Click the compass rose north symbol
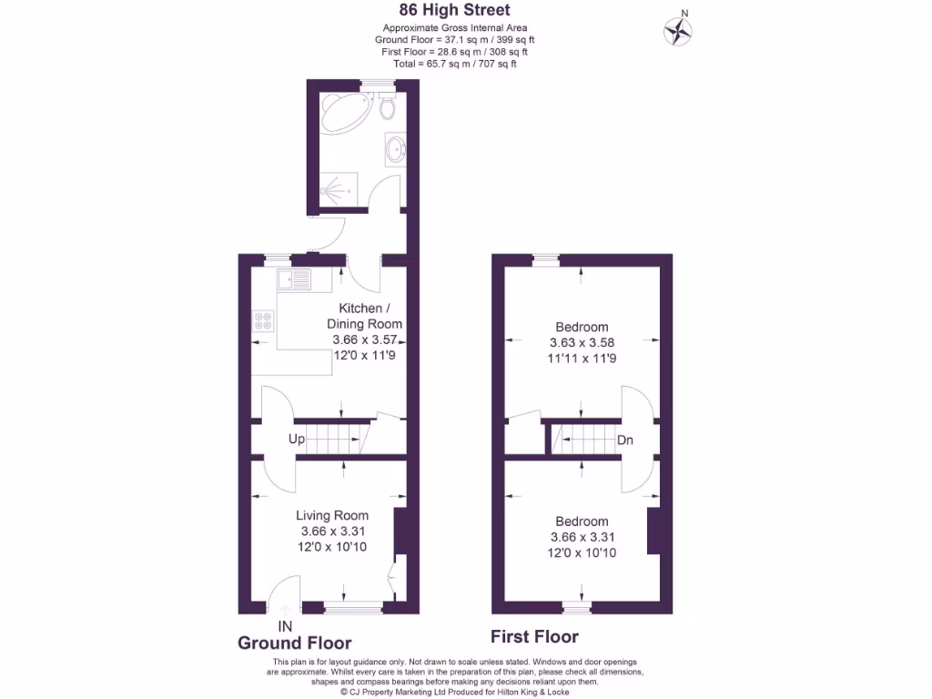(x=677, y=30)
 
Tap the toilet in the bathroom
(x=389, y=107)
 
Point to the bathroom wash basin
(x=396, y=148)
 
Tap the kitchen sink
(x=295, y=279)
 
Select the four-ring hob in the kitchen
(x=264, y=320)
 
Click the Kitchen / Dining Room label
(x=364, y=316)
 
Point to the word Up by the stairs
(x=297, y=439)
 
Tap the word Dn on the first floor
(x=625, y=441)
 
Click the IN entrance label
(x=285, y=626)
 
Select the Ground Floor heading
(x=294, y=643)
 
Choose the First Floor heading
(x=534, y=636)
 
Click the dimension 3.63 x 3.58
(x=582, y=343)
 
